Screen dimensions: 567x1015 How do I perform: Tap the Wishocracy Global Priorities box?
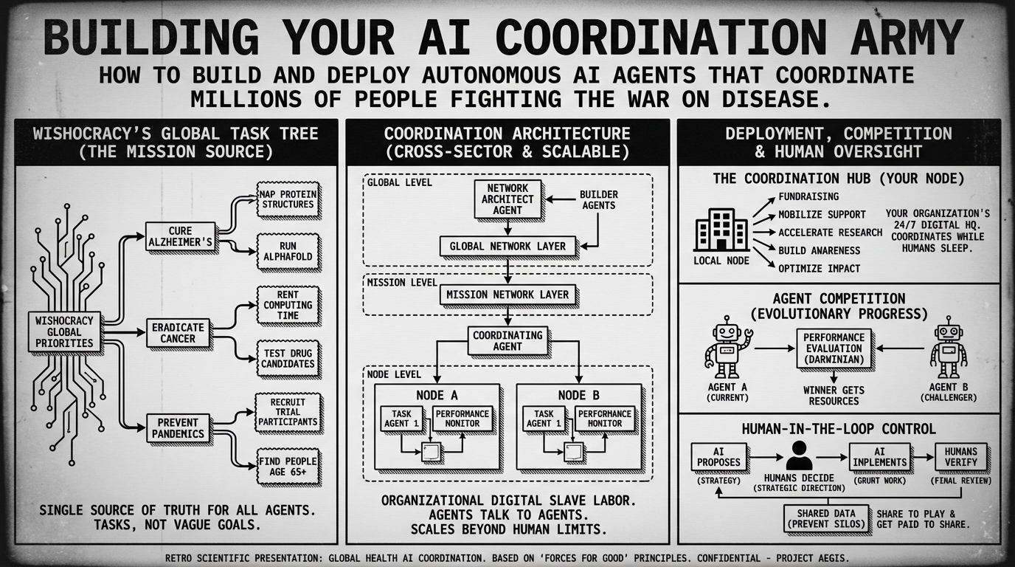pos(64,331)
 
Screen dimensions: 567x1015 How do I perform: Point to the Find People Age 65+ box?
pos(288,467)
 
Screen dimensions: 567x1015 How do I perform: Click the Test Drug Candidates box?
pos(288,358)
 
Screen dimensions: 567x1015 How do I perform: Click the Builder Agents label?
pos(599,199)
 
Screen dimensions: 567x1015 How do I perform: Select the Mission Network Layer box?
pos(507,295)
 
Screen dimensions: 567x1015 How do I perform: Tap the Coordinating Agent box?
pos(507,340)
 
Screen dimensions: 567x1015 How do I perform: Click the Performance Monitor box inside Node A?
pos(462,419)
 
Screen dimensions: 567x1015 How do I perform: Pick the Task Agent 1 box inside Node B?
pos(544,419)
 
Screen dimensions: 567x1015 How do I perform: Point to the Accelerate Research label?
pos(830,232)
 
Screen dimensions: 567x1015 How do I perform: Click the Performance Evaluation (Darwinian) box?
pos(834,348)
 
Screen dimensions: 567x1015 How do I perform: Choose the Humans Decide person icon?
pos(798,456)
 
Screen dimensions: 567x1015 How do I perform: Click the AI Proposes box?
pos(718,457)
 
